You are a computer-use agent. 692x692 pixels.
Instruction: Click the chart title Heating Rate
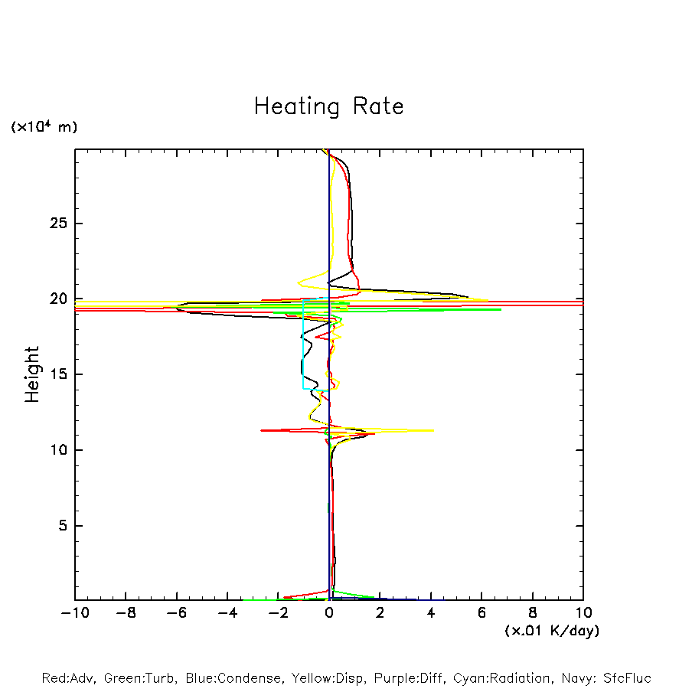click(328, 106)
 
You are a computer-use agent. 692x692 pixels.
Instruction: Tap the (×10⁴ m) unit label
click(44, 127)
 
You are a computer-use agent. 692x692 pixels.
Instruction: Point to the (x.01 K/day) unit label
click(551, 631)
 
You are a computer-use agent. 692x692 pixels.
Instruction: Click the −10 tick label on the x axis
click(74, 613)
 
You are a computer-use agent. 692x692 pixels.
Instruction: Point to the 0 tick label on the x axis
click(329, 613)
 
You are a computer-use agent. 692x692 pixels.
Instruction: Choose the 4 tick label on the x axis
click(431, 613)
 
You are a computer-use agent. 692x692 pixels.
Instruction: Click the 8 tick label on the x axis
click(533, 613)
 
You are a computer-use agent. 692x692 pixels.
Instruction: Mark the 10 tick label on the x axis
click(583, 613)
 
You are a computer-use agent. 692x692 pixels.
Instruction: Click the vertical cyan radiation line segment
click(304, 344)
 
